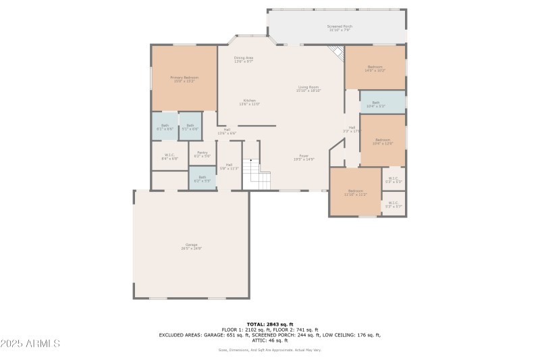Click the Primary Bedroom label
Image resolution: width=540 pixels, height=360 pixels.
184,79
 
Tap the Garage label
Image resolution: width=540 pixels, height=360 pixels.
192,246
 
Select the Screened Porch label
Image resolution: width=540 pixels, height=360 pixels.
340,28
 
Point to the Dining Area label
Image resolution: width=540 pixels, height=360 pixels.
244,59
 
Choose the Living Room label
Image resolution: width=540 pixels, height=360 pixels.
308,88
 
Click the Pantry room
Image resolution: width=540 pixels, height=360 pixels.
202,153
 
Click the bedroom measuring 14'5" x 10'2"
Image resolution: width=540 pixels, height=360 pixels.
375,68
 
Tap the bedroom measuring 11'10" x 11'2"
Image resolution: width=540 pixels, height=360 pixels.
356,192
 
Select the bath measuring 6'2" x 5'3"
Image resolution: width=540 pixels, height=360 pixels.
202,178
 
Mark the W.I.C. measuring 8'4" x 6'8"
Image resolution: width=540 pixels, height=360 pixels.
169,156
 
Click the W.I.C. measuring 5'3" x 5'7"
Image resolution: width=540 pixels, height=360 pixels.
394,203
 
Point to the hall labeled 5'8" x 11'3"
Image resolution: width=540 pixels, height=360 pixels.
229,165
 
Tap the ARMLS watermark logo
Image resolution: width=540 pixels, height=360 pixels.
30,343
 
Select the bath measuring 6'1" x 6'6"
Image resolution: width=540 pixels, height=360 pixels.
165,126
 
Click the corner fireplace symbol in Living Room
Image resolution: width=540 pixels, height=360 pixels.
337,54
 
